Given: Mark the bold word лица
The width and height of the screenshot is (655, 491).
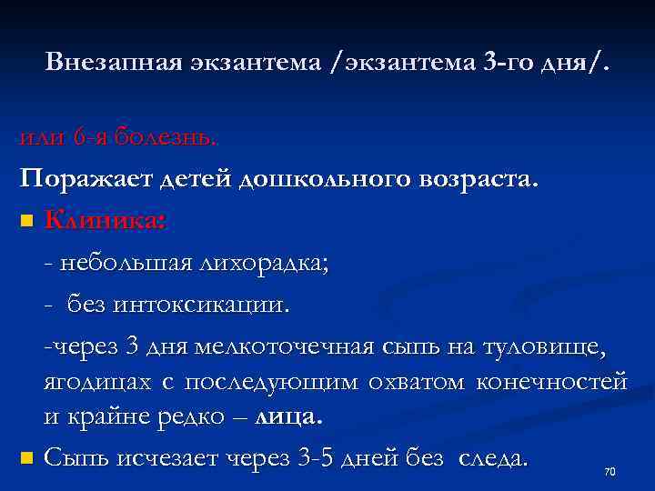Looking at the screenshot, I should point(289,417).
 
